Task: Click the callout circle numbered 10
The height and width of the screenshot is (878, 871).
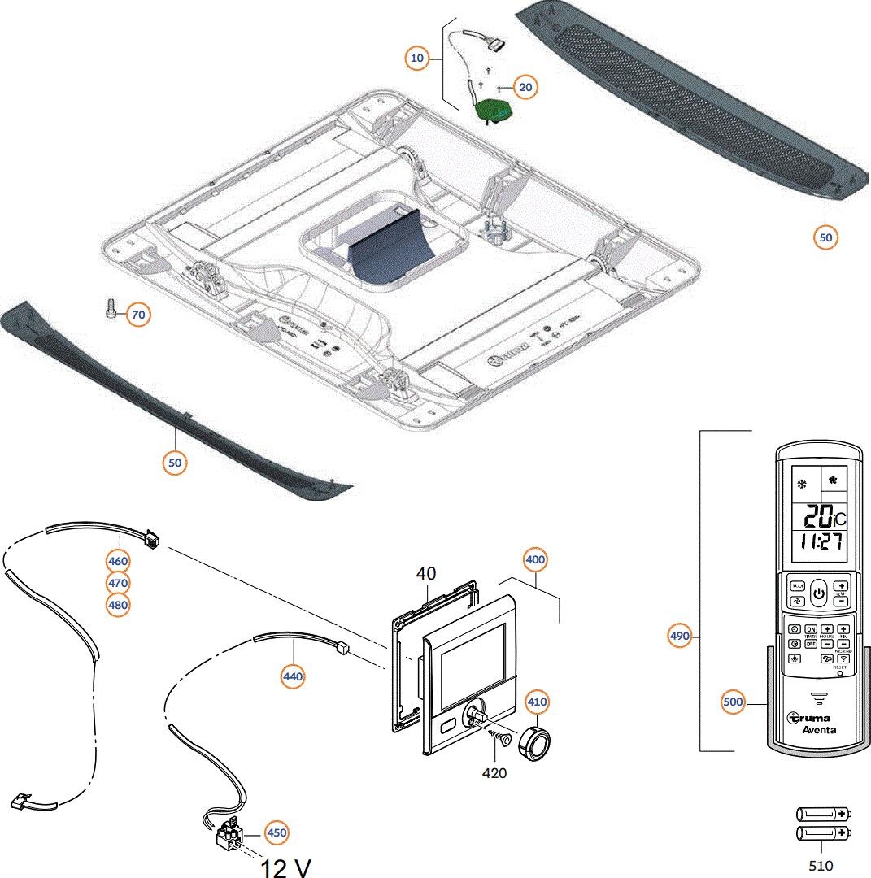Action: click(x=417, y=59)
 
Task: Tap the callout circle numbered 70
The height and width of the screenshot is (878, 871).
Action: click(x=139, y=314)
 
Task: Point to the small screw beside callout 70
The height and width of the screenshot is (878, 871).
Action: click(x=112, y=310)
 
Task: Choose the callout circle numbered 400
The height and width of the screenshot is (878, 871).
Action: click(x=535, y=559)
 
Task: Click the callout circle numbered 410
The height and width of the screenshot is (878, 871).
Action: click(x=537, y=701)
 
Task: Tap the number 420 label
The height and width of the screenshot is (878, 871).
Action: click(x=494, y=773)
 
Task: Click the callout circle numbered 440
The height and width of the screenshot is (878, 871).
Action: click(x=293, y=676)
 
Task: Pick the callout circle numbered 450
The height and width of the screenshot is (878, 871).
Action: click(x=277, y=833)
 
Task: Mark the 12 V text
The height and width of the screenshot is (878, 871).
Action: click(x=285, y=867)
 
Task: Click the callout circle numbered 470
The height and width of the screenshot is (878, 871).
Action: click(x=119, y=583)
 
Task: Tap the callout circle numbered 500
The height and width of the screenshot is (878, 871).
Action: click(x=734, y=702)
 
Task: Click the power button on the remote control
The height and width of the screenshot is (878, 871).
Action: click(x=819, y=593)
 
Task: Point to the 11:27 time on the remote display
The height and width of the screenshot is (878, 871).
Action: click(x=819, y=541)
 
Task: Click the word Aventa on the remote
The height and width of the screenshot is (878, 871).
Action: click(x=820, y=730)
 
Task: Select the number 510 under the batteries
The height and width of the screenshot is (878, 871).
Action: click(x=822, y=867)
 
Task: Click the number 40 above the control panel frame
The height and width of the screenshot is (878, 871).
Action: click(x=426, y=574)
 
